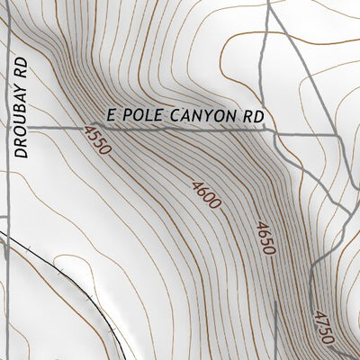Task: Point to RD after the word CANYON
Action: (254, 116)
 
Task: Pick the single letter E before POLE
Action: (111, 116)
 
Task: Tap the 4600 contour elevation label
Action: (206, 195)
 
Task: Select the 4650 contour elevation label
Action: (264, 238)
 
